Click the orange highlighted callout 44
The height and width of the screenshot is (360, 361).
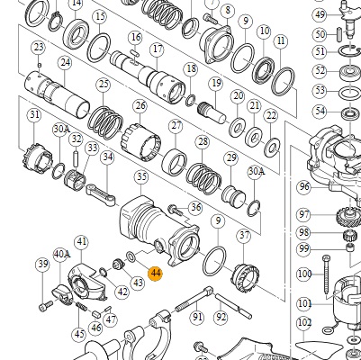point(156,274)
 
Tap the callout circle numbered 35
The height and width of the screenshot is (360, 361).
point(141,177)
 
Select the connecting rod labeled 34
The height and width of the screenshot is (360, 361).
point(102,195)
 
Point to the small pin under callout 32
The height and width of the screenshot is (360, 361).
point(77,157)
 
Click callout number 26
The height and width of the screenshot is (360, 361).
point(140,106)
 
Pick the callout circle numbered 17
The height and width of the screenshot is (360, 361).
point(158,49)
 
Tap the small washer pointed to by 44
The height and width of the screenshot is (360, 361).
point(131,256)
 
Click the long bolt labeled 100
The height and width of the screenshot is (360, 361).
point(327,274)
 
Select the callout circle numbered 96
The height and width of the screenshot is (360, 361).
point(304,187)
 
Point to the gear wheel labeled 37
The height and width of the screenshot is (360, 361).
point(246,276)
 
